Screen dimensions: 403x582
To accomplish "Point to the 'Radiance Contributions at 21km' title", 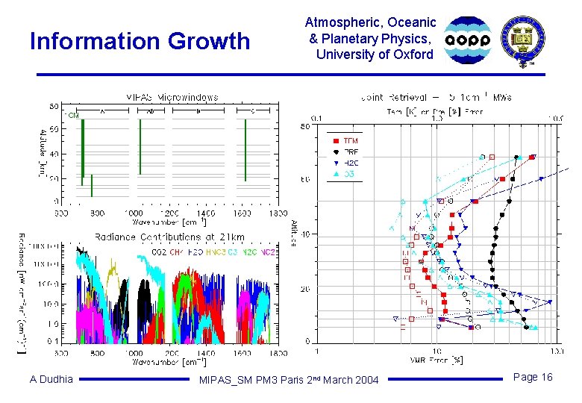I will [169, 237].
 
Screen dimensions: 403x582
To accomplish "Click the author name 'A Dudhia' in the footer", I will [51, 379].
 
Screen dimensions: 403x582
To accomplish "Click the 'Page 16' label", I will [533, 377].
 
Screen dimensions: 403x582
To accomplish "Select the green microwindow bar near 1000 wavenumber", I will [139, 146].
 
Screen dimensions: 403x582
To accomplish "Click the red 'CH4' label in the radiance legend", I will [176, 252].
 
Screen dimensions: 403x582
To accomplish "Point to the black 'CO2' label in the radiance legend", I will [159, 252].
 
